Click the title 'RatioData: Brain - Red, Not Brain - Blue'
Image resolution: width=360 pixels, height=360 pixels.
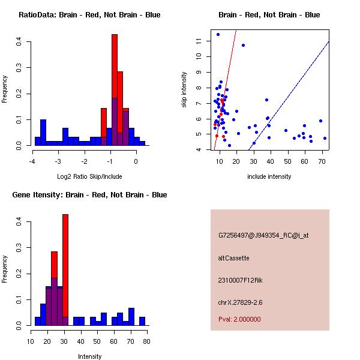click(x=89, y=15)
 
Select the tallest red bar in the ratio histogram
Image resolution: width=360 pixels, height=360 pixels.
click(x=114, y=90)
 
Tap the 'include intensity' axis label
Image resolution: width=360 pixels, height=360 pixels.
click(x=269, y=176)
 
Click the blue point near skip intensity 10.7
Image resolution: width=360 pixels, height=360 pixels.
click(x=243, y=45)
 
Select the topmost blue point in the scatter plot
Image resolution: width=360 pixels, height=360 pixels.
click(x=218, y=34)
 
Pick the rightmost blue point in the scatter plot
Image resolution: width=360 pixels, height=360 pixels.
click(x=325, y=138)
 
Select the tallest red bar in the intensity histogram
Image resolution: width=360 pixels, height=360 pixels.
click(x=65, y=270)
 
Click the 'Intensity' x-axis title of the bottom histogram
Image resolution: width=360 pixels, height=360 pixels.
click(x=89, y=356)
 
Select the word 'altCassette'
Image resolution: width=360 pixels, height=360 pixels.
click(x=233, y=258)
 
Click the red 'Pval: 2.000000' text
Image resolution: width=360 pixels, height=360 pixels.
click(x=239, y=319)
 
